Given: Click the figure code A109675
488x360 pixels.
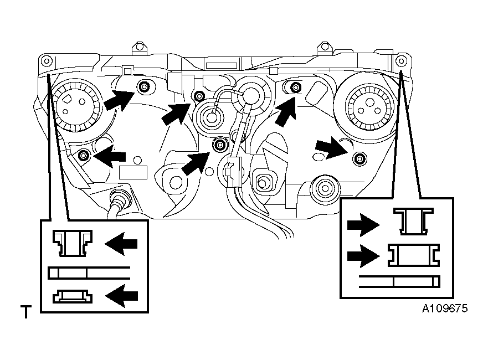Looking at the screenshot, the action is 444,308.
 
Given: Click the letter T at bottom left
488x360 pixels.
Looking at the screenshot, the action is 26,312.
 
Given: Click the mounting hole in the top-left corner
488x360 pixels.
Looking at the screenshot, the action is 47,61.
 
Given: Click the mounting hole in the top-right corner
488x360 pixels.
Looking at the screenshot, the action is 401,61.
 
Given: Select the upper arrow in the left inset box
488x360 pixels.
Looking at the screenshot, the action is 121,244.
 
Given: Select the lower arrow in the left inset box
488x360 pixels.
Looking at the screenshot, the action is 121,296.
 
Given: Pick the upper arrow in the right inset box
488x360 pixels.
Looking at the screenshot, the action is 363,225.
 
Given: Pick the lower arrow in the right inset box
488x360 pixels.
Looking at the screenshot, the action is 363,256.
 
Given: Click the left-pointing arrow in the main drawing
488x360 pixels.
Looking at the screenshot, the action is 110,156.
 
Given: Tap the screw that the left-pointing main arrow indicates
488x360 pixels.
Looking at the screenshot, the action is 84,155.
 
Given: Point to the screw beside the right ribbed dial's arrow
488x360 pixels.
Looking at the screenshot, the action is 359,159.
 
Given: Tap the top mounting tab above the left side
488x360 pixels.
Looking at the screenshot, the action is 139,48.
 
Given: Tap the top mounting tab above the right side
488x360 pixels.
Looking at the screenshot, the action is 325,48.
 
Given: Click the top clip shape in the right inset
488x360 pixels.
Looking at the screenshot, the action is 413,221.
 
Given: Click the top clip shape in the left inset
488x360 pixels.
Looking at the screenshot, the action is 72,243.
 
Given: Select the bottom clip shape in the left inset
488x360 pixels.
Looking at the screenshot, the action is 72,296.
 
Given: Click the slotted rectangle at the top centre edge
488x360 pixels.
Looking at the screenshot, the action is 222,66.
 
